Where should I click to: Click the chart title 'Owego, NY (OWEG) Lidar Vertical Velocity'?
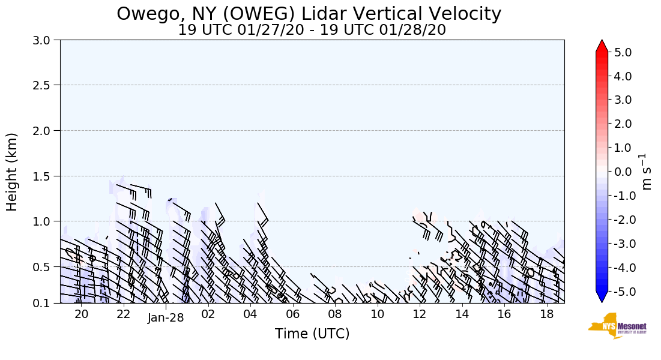pyautogui.click(x=309, y=14)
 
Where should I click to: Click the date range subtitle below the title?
pyautogui.click(x=312, y=30)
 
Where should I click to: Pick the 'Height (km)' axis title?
pyautogui.click(x=12, y=172)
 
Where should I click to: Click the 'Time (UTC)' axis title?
pyautogui.click(x=312, y=334)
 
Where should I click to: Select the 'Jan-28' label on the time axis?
pyautogui.click(x=166, y=318)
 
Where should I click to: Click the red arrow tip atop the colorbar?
pyautogui.click(x=602, y=46)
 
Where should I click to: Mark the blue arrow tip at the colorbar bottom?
pyautogui.click(x=602, y=298)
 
